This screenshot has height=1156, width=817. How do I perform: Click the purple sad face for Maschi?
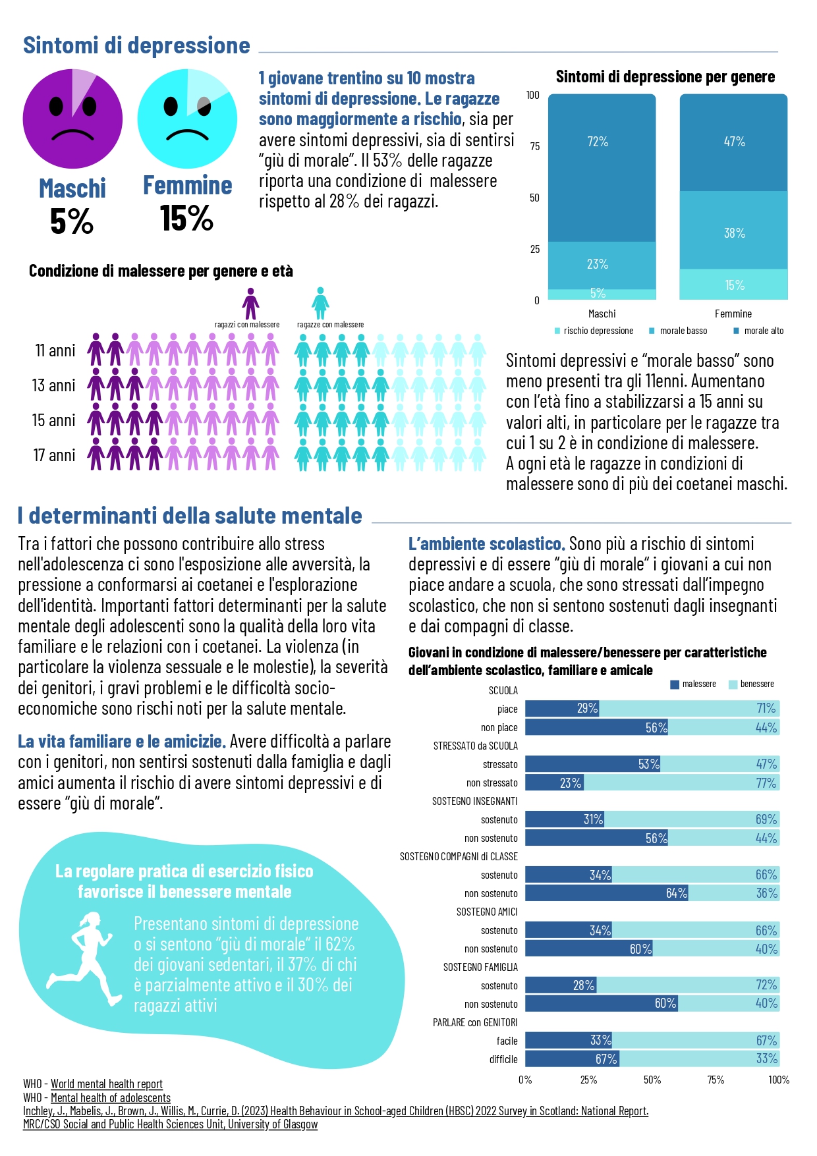pyautogui.click(x=72, y=119)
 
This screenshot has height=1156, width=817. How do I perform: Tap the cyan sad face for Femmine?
pyautogui.click(x=187, y=119)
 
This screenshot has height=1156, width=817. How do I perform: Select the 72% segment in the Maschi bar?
pyautogui.click(x=602, y=168)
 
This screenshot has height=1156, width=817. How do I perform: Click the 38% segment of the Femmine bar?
pyautogui.click(x=733, y=231)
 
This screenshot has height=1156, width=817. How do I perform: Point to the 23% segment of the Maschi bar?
pyautogui.click(x=602, y=265)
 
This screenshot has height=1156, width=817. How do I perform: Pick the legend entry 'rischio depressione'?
pyautogui.click(x=594, y=331)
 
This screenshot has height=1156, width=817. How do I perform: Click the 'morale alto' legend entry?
pyautogui.click(x=758, y=331)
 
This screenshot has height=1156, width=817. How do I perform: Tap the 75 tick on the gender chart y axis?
pyautogui.click(x=534, y=146)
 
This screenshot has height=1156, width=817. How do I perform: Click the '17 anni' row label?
pyautogui.click(x=55, y=455)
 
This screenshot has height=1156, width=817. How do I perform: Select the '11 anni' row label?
pyautogui.click(x=55, y=350)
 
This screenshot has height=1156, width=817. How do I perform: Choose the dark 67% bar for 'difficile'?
pyautogui.click(x=572, y=1059)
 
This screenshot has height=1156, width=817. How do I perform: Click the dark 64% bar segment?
pyautogui.click(x=607, y=893)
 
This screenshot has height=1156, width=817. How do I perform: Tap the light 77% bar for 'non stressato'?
pyautogui.click(x=681, y=783)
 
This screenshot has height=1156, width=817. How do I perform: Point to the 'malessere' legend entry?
pyautogui.click(x=693, y=684)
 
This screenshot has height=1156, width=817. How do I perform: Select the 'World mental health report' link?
pyautogui.click(x=107, y=1084)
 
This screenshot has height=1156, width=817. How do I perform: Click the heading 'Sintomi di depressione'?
pyautogui.click(x=136, y=45)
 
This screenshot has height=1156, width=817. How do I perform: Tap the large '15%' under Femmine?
pyautogui.click(x=187, y=218)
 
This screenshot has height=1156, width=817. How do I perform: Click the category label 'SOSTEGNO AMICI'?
pyautogui.click(x=487, y=912)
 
